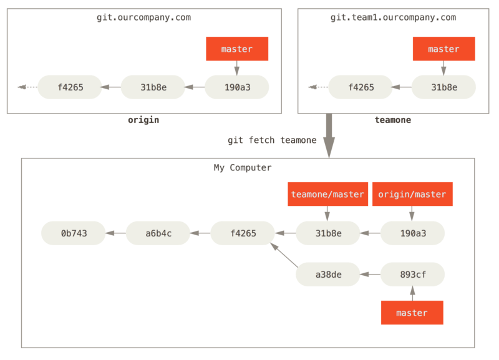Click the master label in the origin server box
coord(237,49)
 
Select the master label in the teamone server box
coord(443,49)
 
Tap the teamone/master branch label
coord(327,195)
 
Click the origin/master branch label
coord(412,195)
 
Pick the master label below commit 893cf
coord(412,313)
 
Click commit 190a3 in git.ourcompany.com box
coord(237,87)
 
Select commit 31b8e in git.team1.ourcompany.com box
coord(443,87)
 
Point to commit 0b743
coord(74,233)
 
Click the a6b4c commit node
coord(158,233)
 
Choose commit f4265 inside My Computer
coord(243,233)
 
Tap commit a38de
coord(327,274)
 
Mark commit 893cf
coord(412,274)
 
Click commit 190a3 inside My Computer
coord(412,233)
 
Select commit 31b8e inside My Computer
coord(327,233)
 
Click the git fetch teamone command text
coord(271,140)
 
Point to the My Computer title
coord(243,168)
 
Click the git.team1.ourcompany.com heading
coord(393,17)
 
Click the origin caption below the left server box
coord(143,120)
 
